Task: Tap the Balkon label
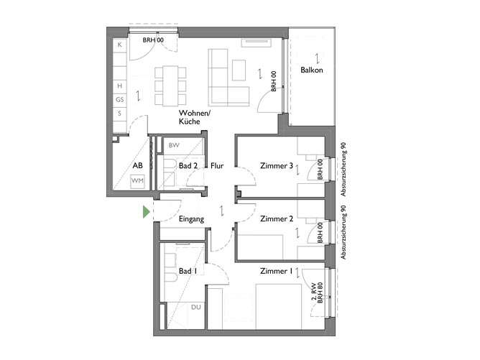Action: point(312,70)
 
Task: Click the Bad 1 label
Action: point(187,271)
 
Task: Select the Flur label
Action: point(217,167)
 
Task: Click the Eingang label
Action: point(193,218)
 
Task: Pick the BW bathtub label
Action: point(173,145)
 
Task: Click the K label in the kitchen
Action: point(120,45)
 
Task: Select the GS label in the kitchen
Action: point(120,99)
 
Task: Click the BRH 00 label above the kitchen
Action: point(153,40)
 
